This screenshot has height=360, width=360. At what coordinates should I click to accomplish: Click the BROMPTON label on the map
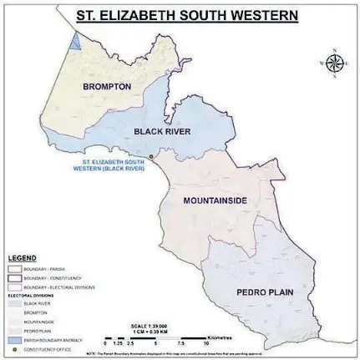pos(107,86)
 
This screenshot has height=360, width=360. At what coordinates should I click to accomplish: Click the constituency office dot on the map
pos(153,156)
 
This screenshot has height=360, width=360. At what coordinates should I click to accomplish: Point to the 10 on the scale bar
pos(205,343)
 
